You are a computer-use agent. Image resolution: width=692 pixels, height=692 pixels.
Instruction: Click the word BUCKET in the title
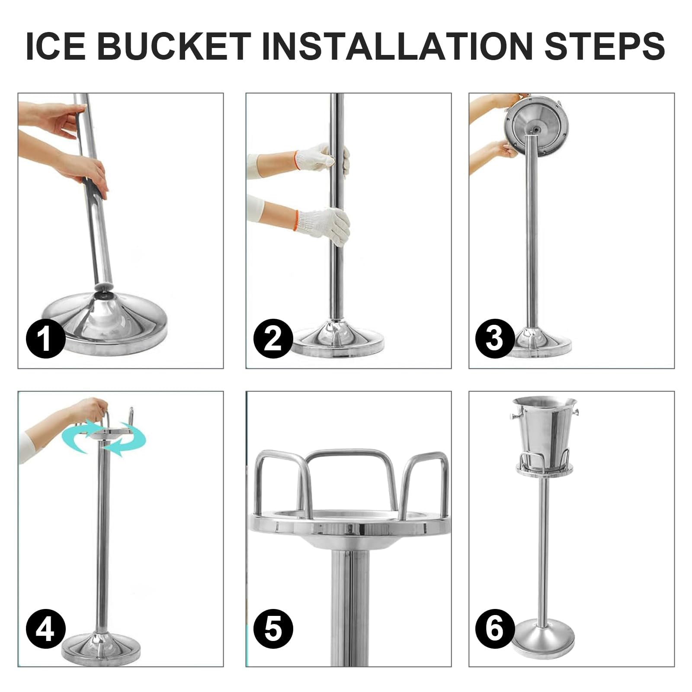click(x=174, y=45)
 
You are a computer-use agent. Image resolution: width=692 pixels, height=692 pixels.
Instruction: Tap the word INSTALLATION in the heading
click(x=397, y=45)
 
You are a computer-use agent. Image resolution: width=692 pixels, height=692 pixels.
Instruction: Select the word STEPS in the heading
click(x=604, y=45)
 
